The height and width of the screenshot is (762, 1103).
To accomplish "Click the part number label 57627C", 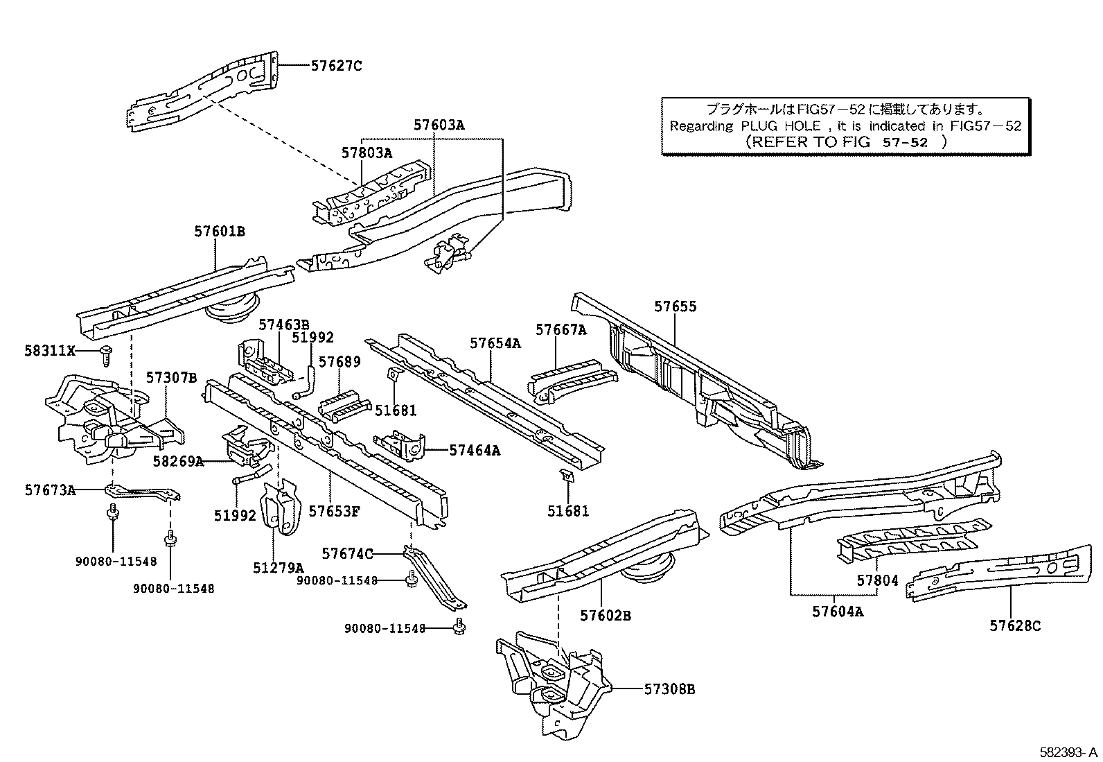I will click(x=336, y=67).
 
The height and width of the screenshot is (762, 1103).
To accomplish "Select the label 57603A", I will click(x=439, y=125).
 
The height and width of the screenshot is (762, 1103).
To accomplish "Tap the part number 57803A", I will click(x=367, y=153).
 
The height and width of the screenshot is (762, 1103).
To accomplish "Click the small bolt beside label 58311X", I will click(x=107, y=354).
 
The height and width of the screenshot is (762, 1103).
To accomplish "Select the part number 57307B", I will click(x=171, y=378).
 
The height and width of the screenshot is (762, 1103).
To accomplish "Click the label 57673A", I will click(x=50, y=490).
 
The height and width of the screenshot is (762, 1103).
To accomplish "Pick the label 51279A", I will click(x=278, y=567).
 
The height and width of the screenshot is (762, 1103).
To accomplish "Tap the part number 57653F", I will click(x=334, y=512).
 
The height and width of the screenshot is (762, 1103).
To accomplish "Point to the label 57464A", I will click(x=475, y=450).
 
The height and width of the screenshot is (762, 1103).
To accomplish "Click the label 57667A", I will click(x=561, y=330).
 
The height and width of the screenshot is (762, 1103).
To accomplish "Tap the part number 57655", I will click(x=676, y=306).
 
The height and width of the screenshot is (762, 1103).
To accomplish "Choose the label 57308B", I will click(x=669, y=689).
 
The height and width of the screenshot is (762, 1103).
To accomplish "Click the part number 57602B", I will click(x=605, y=616).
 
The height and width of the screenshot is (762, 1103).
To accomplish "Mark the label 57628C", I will click(x=1015, y=626).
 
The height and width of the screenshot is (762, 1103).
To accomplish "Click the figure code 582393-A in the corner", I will click(x=1068, y=752).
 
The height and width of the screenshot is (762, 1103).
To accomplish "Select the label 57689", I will click(x=339, y=362).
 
